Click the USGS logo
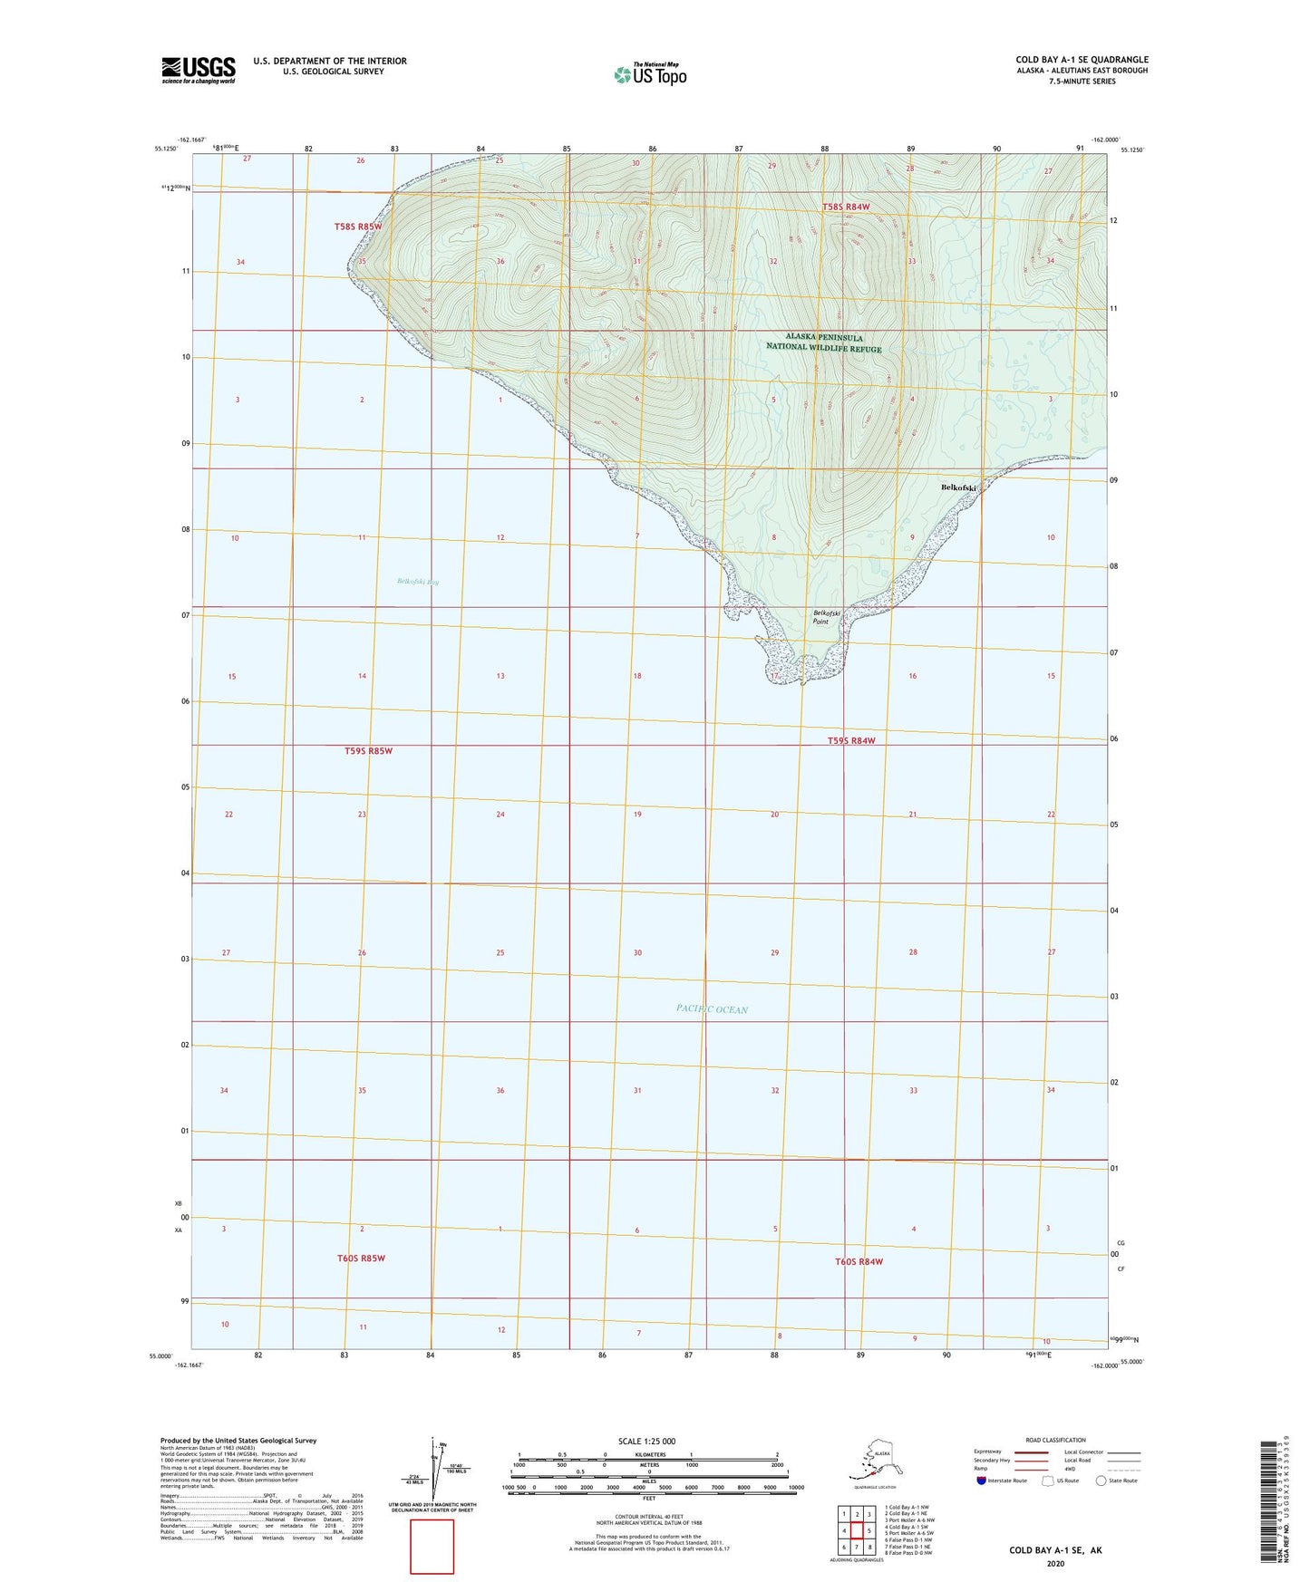click(x=198, y=70)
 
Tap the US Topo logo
click(x=649, y=74)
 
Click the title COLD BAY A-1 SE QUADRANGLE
click(x=1082, y=60)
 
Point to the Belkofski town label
click(x=959, y=487)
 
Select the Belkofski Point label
click(x=820, y=617)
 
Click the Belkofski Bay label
click(x=418, y=582)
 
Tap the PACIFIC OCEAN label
click(x=712, y=1009)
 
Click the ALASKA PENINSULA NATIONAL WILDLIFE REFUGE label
click(x=823, y=342)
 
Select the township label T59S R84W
click(x=851, y=740)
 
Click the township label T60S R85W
click(x=361, y=1259)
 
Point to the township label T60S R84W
click(x=859, y=1261)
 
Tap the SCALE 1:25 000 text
click(x=647, y=1441)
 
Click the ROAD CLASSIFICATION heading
click(x=1055, y=1440)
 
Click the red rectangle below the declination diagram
click(x=432, y=1547)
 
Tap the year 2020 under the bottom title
click(x=1055, y=1563)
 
